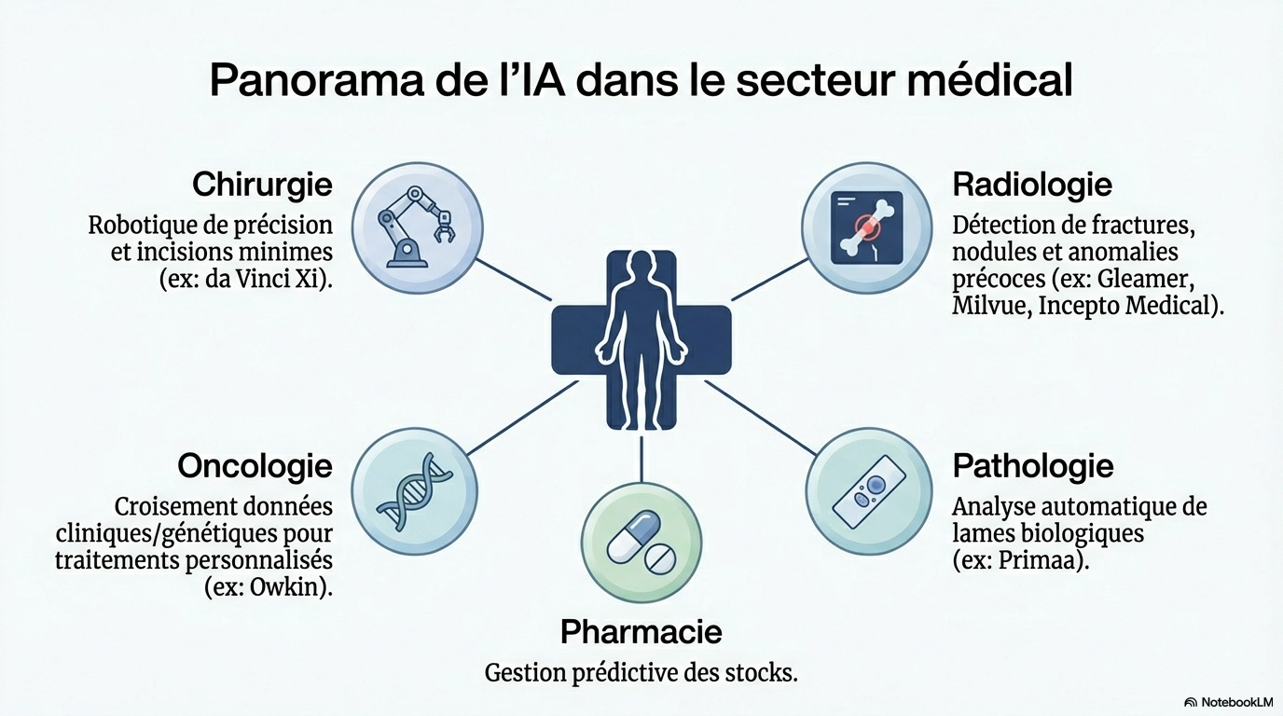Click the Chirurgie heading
click(262, 185)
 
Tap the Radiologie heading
click(1031, 185)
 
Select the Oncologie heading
click(255, 464)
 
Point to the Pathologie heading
click(1032, 464)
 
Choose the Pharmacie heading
click(641, 632)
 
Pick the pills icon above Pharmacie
click(641, 543)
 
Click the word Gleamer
click(1150, 279)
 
